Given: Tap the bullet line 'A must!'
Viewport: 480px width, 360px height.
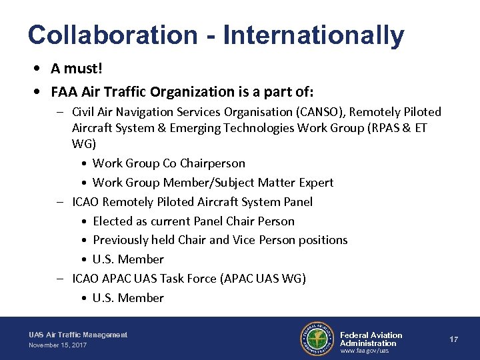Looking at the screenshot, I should click(77, 69).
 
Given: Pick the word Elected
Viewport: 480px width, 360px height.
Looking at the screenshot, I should click(113, 221).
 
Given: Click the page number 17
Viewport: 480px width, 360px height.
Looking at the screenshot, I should click(453, 339).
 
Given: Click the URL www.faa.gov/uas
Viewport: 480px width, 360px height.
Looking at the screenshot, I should click(365, 351).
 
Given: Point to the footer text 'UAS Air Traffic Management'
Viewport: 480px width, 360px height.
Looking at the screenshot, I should click(78, 335).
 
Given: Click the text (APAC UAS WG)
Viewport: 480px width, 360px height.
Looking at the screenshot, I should click(263, 279).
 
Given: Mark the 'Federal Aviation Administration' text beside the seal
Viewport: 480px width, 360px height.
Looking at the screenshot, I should click(371, 339).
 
